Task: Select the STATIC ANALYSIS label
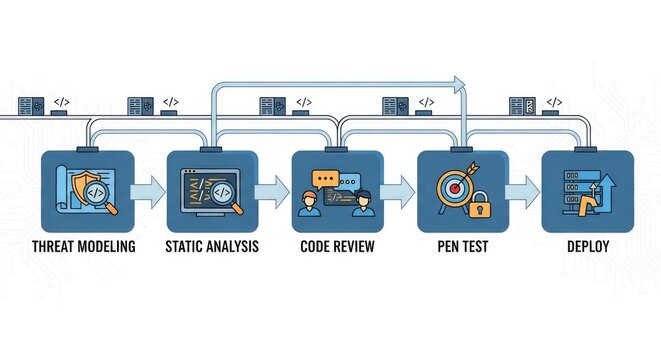[x=211, y=246]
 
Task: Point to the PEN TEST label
[x=463, y=246]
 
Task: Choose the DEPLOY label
[x=586, y=246]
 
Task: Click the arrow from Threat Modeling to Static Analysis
[x=148, y=188]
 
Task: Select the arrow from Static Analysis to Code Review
[x=272, y=188]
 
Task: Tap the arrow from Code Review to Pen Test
[x=398, y=188]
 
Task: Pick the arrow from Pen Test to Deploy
[x=522, y=188]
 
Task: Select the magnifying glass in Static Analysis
[x=224, y=193]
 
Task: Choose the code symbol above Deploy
[x=553, y=102]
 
